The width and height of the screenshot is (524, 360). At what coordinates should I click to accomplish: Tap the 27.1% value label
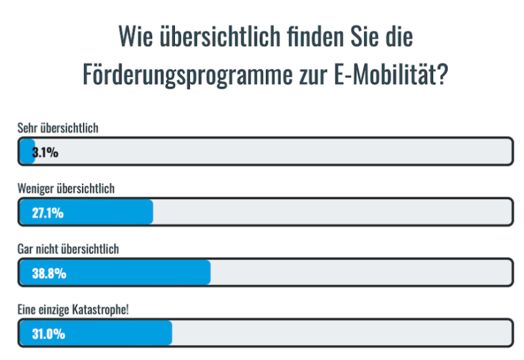pos(47,213)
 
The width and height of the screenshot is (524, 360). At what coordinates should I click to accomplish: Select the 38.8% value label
pos(49,273)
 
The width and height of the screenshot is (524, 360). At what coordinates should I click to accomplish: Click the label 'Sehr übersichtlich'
pos(58,128)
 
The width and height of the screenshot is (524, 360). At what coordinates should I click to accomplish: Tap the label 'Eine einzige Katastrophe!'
pos(73,309)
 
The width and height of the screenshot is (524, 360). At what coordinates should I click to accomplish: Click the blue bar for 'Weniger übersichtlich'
pos(98,213)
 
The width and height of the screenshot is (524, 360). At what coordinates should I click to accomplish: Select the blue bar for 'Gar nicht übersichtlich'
pos(131,273)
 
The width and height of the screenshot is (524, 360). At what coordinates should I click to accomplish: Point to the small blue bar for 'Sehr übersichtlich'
pos(27,153)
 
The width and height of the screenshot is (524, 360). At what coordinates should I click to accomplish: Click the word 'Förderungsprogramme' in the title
pos(183,75)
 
